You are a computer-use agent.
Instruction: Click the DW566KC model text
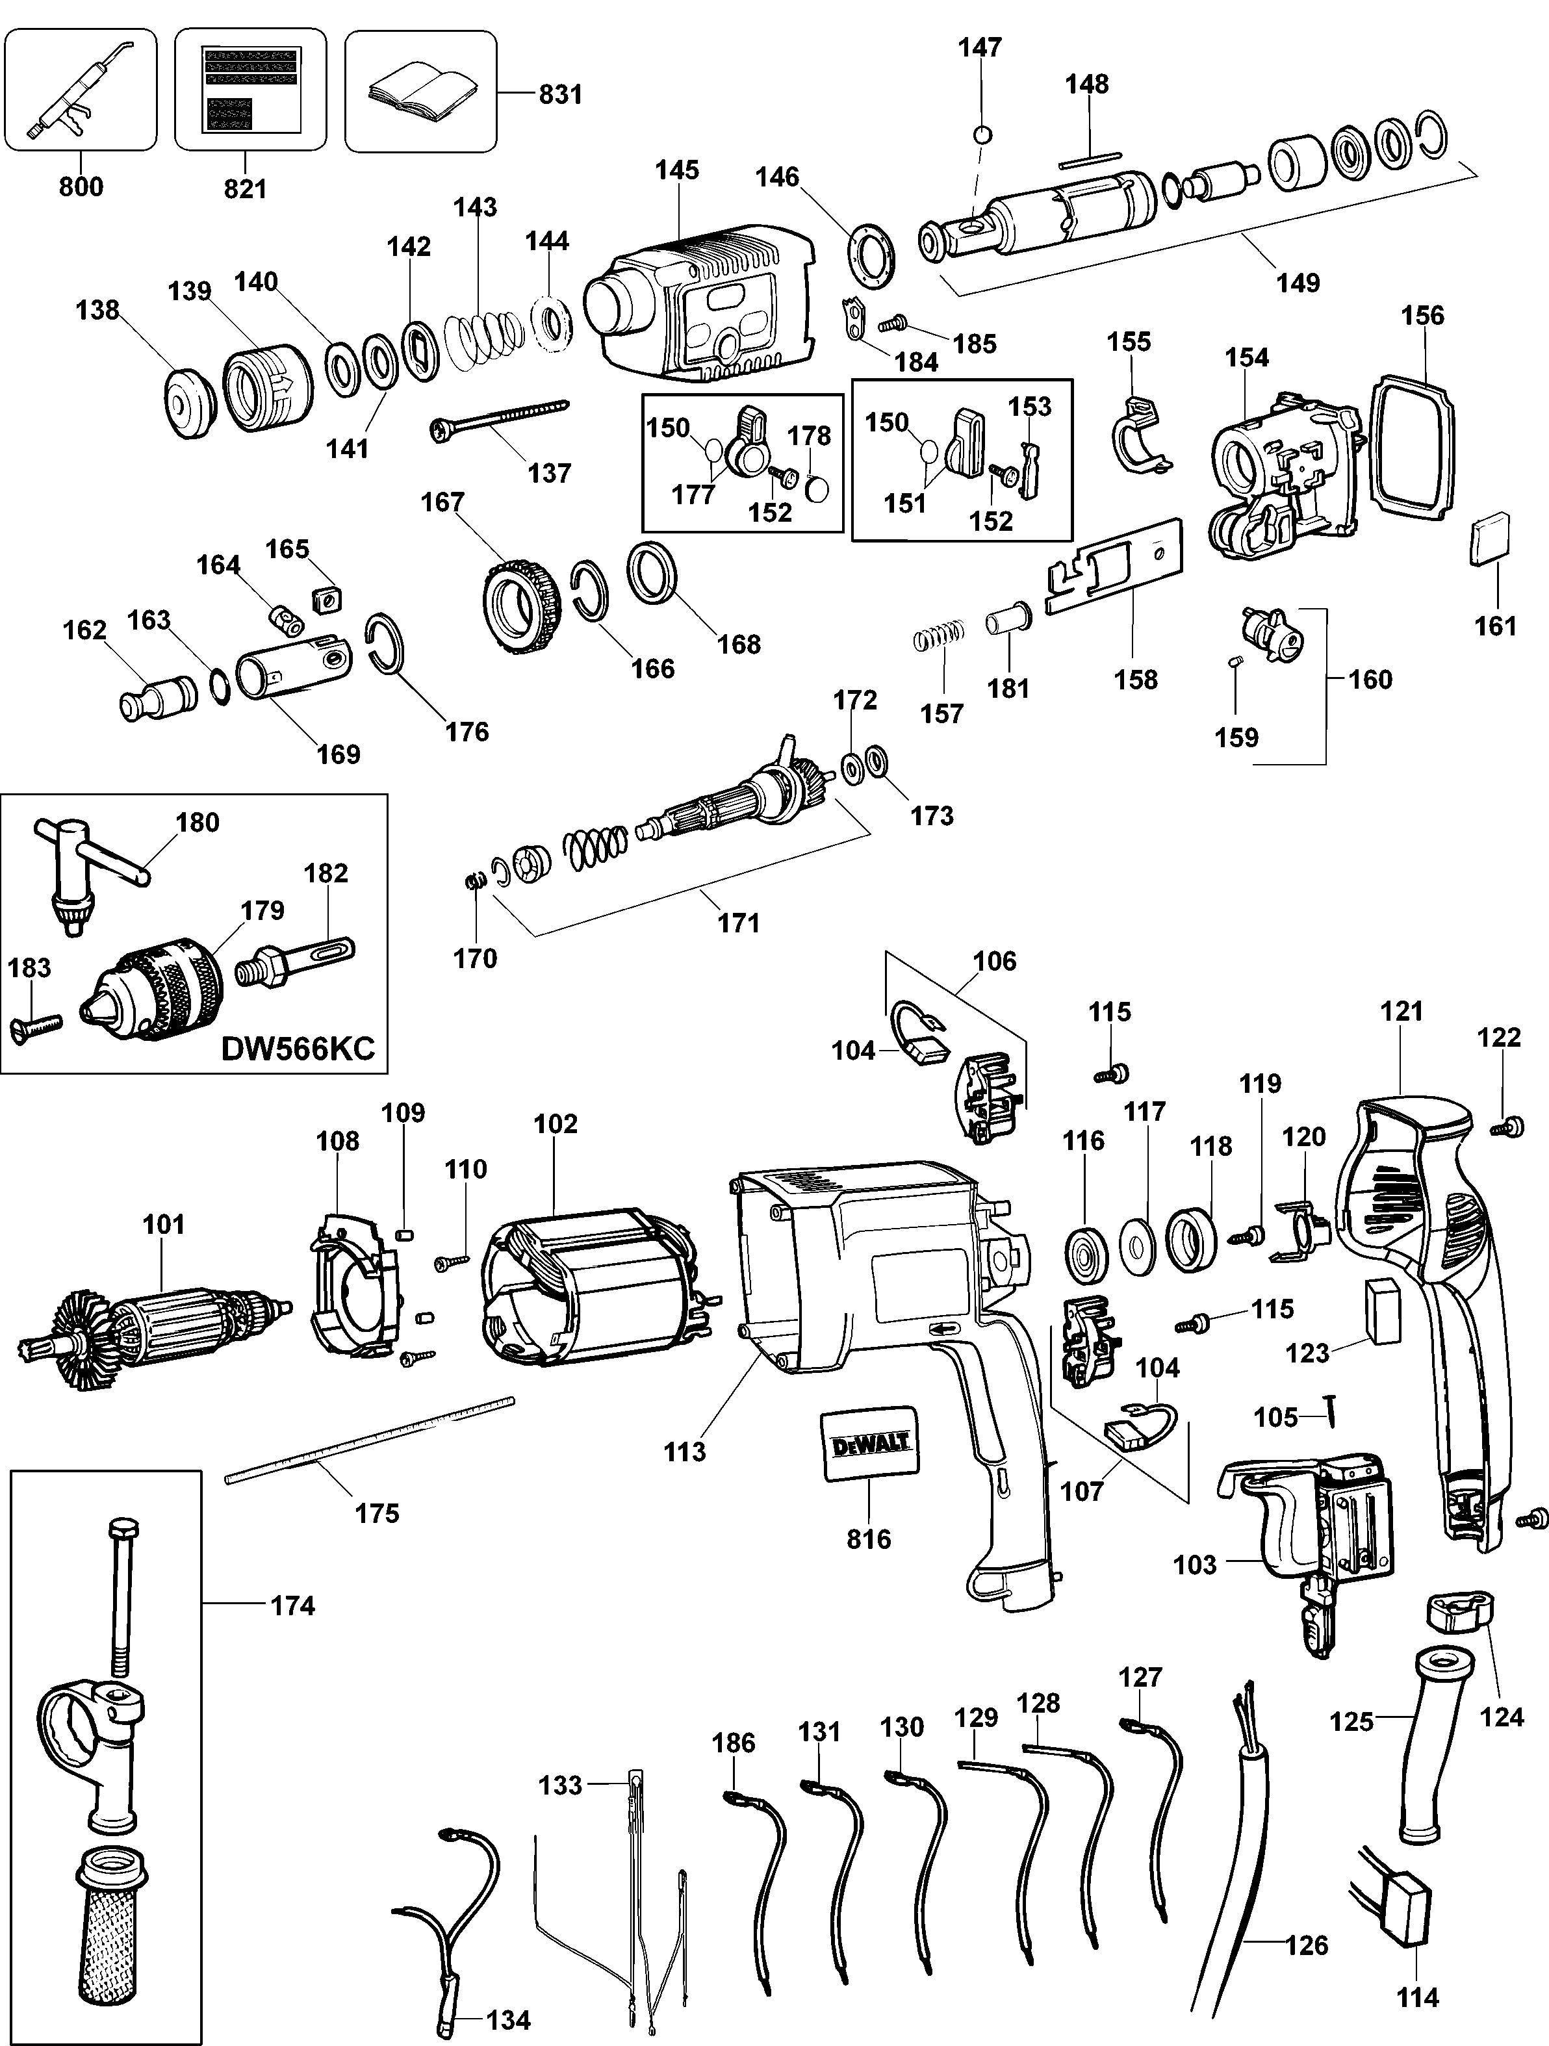point(298,1048)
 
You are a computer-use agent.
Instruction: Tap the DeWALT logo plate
point(870,1445)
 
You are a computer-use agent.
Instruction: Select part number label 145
point(677,170)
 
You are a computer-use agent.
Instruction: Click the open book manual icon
point(422,92)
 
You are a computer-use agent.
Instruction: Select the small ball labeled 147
point(983,134)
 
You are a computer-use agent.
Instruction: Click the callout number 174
point(292,1605)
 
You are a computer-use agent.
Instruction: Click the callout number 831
point(561,94)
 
